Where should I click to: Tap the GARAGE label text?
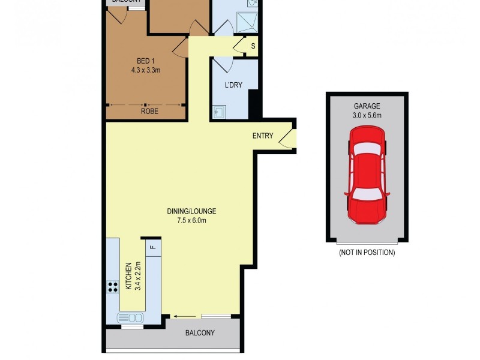click(367, 106)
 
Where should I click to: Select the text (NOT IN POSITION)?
click(367, 253)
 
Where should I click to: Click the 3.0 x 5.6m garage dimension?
click(367, 115)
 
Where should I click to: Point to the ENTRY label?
click(263, 136)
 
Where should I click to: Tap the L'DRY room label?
click(233, 85)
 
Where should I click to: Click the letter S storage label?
click(253, 46)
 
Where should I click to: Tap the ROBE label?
click(149, 111)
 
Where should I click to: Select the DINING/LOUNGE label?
click(191, 211)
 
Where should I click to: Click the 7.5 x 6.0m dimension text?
click(191, 220)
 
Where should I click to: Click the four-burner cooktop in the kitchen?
click(112, 287)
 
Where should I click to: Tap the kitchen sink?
click(131, 318)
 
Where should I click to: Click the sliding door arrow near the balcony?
click(180, 316)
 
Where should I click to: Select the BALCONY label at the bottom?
click(200, 333)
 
